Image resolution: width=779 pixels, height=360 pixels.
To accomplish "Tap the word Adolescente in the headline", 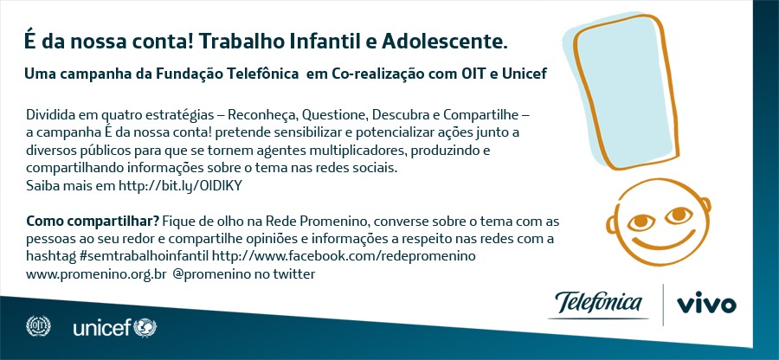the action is click(444, 42).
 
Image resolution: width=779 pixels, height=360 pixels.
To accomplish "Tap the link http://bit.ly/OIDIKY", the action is click(180, 186).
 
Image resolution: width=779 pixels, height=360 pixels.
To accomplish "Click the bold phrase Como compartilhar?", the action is click(93, 221).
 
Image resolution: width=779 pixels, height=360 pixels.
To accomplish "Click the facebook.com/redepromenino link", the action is click(344, 256).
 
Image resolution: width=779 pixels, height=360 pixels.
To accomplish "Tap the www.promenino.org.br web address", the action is click(96, 274).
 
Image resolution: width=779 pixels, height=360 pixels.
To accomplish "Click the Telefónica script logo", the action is click(598, 304).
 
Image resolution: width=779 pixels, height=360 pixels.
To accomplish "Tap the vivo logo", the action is click(706, 305).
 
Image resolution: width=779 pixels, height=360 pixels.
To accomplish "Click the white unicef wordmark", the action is click(102, 328).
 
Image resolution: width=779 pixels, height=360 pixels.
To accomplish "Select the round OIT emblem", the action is click(38, 326).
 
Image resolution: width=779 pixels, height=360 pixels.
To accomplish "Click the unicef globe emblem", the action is click(145, 328).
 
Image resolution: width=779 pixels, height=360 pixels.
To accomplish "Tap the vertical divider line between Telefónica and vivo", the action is click(663, 305).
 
